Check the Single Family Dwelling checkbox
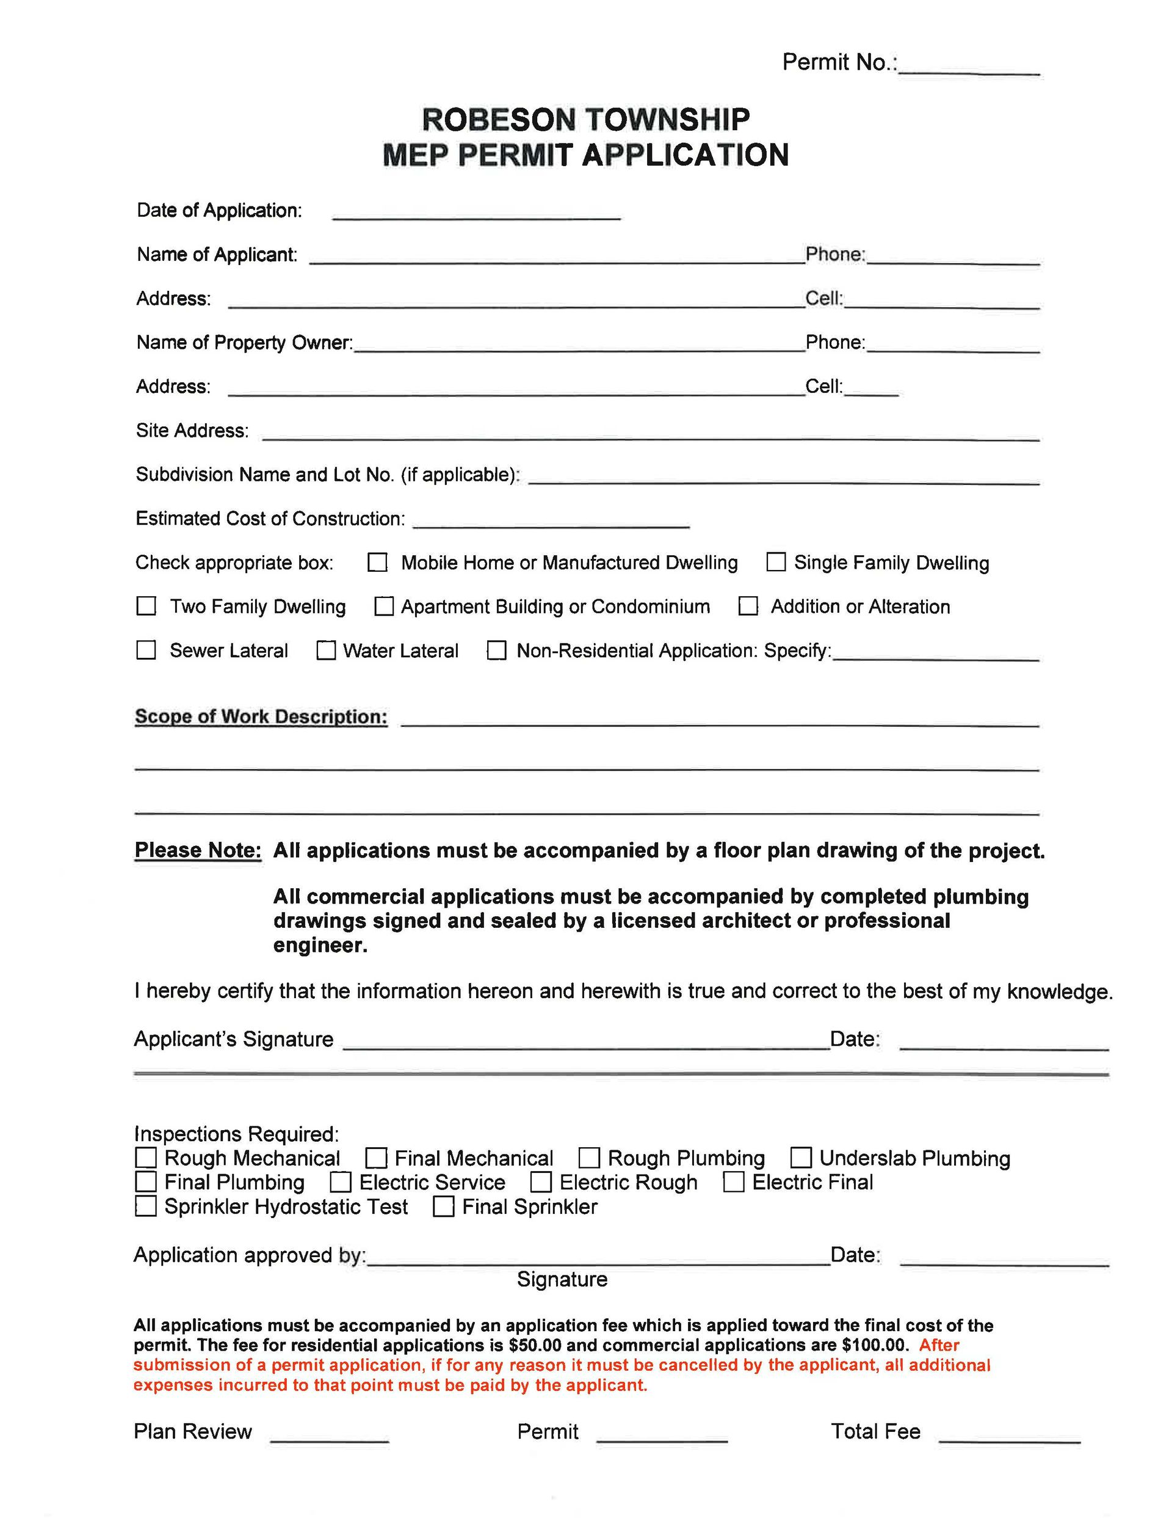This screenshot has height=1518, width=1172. pos(775,561)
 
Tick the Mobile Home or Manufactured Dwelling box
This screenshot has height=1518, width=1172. pos(377,562)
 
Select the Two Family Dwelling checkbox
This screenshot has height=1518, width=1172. pos(146,606)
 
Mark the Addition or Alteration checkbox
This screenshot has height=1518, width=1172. pos(748,606)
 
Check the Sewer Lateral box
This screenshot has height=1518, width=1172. pos(146,650)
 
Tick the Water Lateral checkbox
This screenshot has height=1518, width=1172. pos(326,650)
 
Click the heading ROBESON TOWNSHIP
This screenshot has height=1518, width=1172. pos(585,120)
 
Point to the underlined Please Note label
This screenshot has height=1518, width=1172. pos(198,850)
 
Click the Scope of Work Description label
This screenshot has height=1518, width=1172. pos(261,717)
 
